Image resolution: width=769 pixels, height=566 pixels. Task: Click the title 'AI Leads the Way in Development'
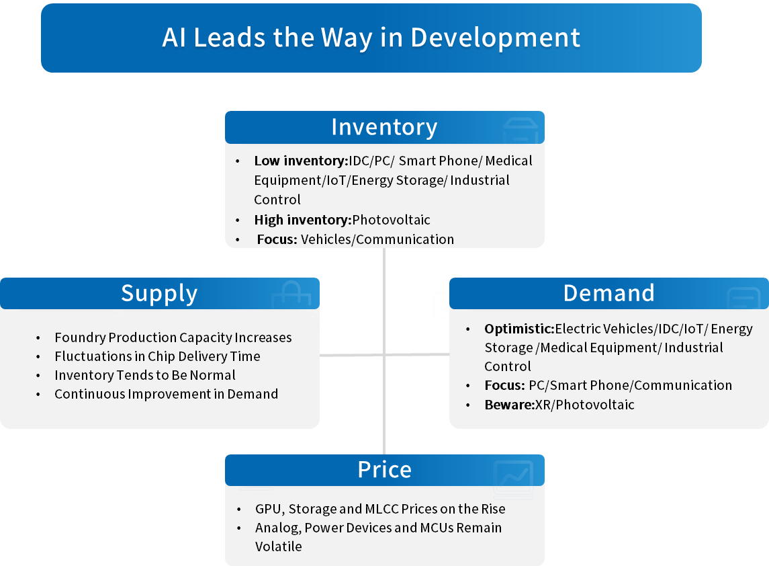pyautogui.click(x=371, y=38)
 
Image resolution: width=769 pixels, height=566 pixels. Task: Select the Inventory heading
pyautogui.click(x=384, y=127)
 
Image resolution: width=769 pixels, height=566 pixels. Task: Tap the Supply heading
pyautogui.click(x=159, y=293)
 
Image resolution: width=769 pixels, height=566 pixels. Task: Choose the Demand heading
pyautogui.click(x=608, y=293)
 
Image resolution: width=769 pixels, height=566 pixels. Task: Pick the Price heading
pyautogui.click(x=384, y=470)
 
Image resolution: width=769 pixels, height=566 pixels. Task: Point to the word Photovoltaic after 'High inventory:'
pyautogui.click(x=391, y=220)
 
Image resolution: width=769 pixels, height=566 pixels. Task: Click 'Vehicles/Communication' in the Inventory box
pyautogui.click(x=377, y=239)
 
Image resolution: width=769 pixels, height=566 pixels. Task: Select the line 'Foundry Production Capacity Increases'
pyautogui.click(x=173, y=337)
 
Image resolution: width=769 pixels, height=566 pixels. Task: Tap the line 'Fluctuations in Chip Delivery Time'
pyautogui.click(x=157, y=356)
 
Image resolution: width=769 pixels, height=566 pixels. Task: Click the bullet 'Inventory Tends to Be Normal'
pyautogui.click(x=145, y=375)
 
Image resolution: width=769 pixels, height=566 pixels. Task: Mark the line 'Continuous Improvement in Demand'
pyautogui.click(x=166, y=394)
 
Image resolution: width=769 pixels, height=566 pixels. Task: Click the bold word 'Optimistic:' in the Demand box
pyautogui.click(x=519, y=329)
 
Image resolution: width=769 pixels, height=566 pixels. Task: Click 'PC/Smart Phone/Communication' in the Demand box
pyautogui.click(x=631, y=386)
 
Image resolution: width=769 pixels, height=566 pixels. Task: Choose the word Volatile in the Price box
pyautogui.click(x=278, y=547)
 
